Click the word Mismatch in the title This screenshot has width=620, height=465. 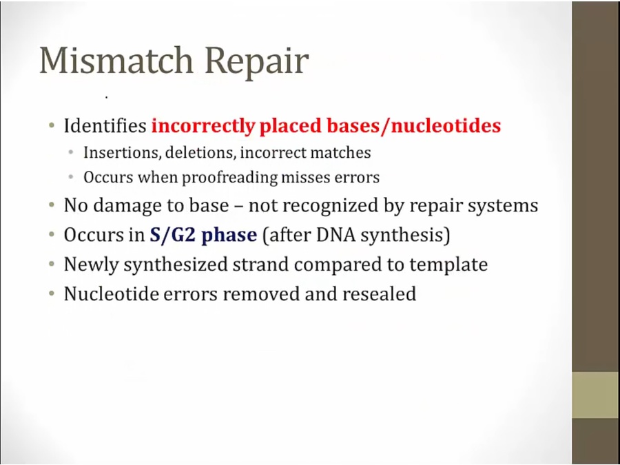[116, 60]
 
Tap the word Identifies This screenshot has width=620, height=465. [105, 126]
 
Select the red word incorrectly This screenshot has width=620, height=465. [203, 126]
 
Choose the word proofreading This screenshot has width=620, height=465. [229, 178]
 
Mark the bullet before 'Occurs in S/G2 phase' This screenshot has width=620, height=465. [52, 235]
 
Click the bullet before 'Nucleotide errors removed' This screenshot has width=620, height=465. [52, 293]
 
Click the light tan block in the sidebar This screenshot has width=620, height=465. [596, 395]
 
